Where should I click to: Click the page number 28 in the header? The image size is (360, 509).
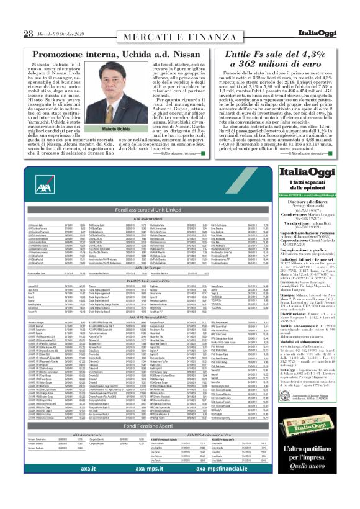click(x=28, y=34)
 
